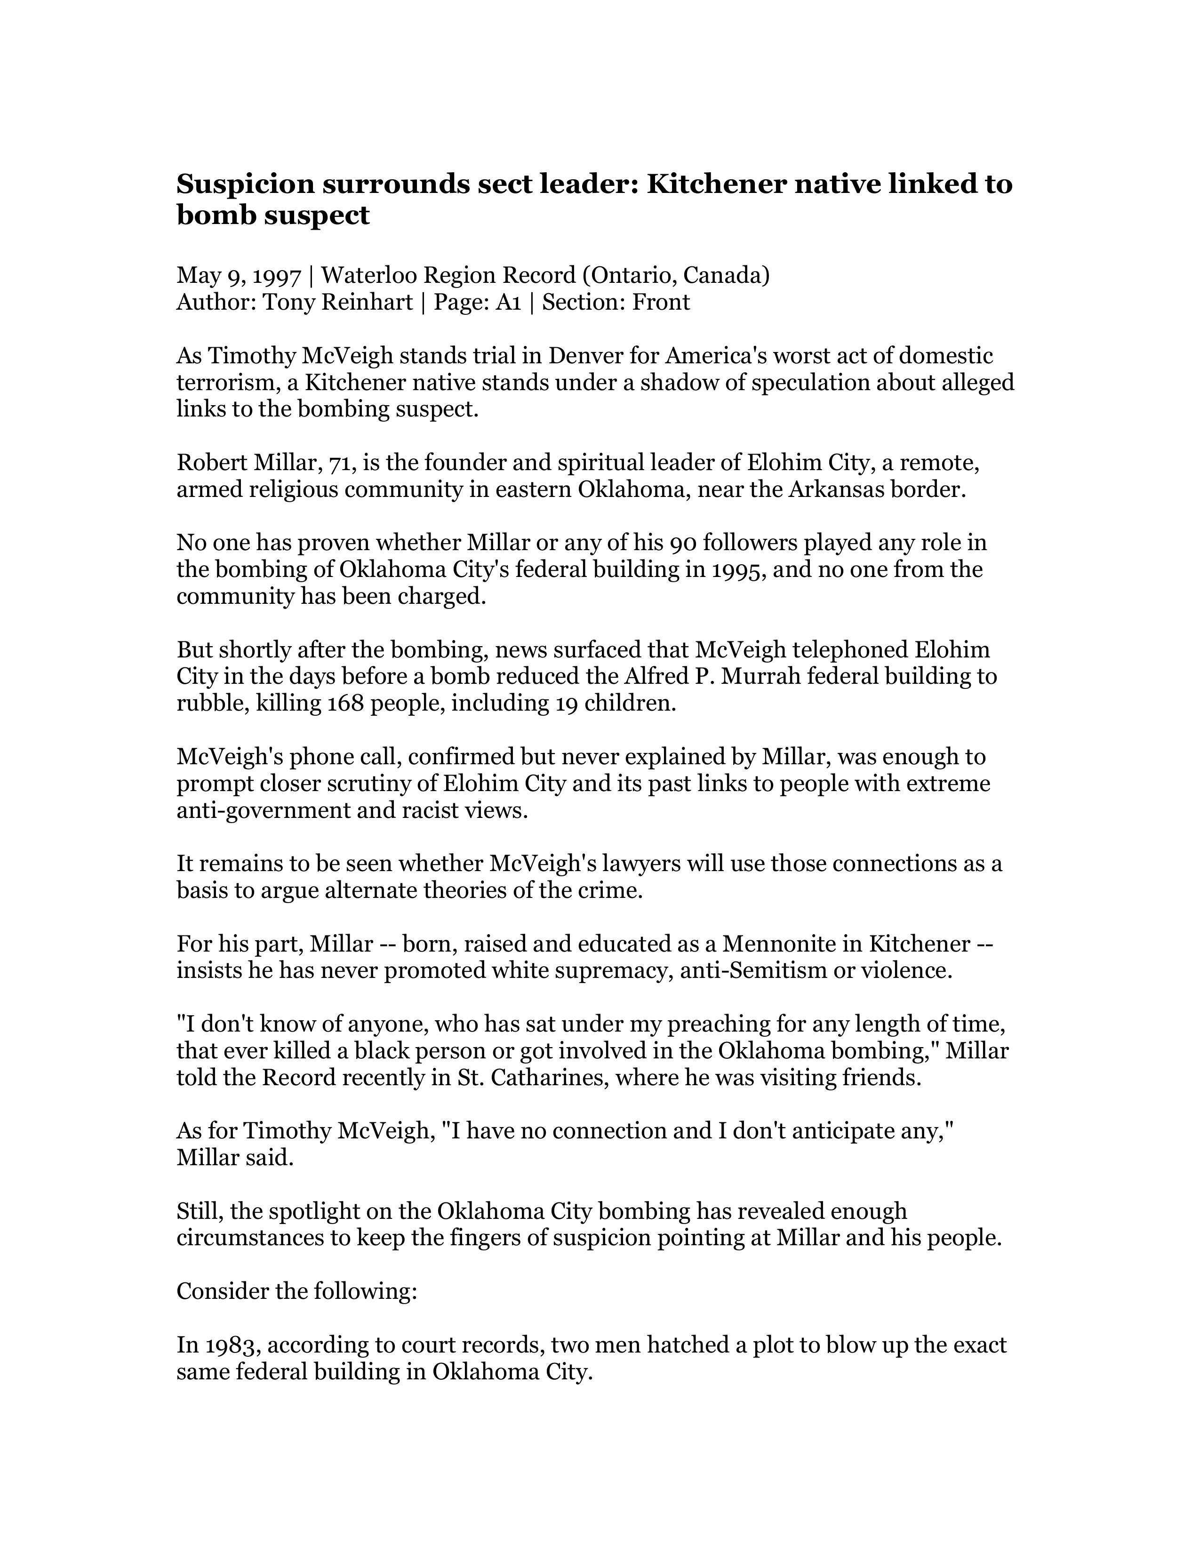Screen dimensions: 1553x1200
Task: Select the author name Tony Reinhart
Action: pyautogui.click(x=338, y=302)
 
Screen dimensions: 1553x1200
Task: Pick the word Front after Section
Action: pyautogui.click(x=661, y=302)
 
